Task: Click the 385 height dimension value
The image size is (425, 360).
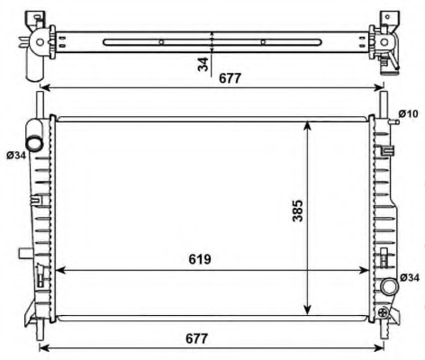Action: pyautogui.click(x=298, y=211)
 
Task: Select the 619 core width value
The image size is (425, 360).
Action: pyautogui.click(x=200, y=259)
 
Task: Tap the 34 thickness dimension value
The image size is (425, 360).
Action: pyautogui.click(x=203, y=64)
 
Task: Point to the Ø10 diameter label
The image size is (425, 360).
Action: pyautogui.click(x=408, y=114)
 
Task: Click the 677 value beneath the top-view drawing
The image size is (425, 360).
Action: pyautogui.click(x=230, y=78)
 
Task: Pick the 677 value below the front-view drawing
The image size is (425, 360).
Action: pyautogui.click(x=196, y=338)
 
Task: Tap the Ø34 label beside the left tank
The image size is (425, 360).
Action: pyautogui.click(x=16, y=156)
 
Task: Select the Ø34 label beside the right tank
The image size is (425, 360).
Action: pyautogui.click(x=410, y=278)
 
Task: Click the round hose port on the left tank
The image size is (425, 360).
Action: pyautogui.click(x=34, y=143)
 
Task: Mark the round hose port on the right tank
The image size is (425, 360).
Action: pyautogui.click(x=390, y=286)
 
